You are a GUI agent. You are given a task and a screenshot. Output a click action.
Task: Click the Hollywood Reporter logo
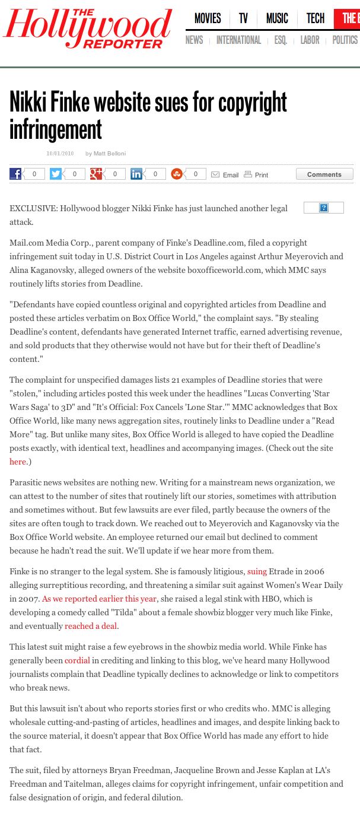88,28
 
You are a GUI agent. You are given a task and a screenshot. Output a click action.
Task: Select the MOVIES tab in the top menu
208,18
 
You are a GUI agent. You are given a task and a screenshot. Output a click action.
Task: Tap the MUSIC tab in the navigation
277,18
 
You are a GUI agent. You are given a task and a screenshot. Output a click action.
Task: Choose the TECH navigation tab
316,18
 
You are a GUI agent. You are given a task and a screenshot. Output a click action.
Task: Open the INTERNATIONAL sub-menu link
238,40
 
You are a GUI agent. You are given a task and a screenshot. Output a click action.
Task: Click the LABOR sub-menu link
310,40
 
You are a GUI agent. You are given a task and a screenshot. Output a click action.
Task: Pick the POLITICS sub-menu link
345,40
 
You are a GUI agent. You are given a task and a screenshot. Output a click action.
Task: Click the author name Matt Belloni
110,154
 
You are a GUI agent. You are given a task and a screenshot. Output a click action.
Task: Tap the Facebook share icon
15,174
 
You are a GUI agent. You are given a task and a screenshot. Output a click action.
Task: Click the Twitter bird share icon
56,174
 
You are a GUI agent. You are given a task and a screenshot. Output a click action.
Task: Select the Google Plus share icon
96,174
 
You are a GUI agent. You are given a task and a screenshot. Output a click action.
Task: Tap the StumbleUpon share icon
176,174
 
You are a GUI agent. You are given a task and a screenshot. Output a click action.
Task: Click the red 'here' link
18,462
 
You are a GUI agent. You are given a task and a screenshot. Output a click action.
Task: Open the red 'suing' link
257,571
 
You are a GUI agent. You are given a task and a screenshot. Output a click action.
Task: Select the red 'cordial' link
77,660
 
